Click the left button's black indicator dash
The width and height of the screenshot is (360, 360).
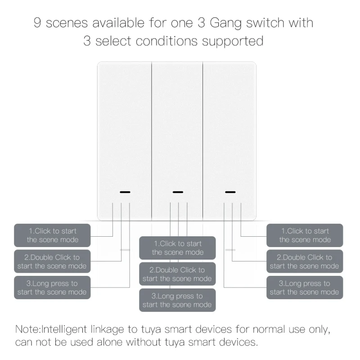click(x=125, y=192)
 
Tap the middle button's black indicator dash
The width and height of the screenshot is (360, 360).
click(x=178, y=192)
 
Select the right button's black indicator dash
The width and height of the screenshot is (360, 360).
click(x=230, y=192)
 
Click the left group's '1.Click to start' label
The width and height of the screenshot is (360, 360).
click(x=52, y=235)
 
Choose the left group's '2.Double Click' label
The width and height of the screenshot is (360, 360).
click(x=52, y=261)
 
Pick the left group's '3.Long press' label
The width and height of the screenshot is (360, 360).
click(x=52, y=288)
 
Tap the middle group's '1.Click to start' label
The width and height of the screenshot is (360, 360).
click(x=177, y=248)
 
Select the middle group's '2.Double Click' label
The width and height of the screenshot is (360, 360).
click(x=177, y=274)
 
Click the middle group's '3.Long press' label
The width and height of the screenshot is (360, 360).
click(x=177, y=300)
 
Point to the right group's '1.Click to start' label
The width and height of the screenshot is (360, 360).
click(x=305, y=235)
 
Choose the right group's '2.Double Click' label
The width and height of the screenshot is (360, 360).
click(x=305, y=261)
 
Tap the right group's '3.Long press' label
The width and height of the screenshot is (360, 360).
click(x=305, y=288)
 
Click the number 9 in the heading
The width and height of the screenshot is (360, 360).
click(x=38, y=22)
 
